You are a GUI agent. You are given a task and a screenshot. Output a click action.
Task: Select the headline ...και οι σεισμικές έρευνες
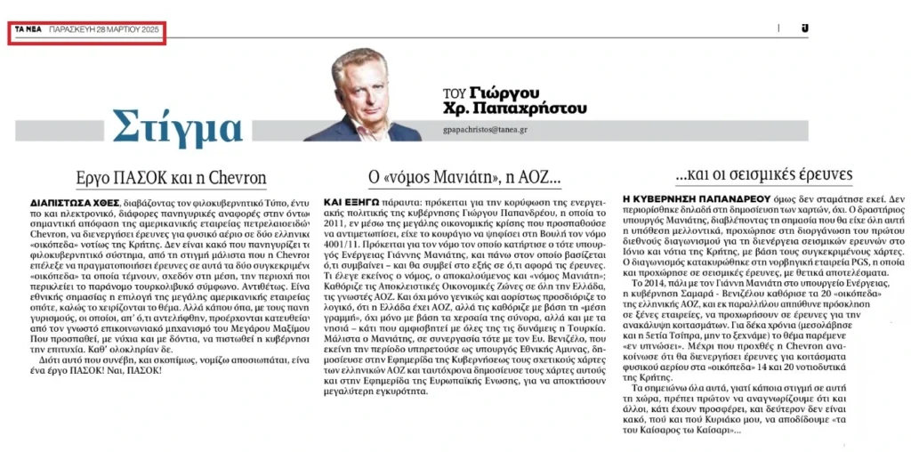pyautogui.click(x=752, y=174)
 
